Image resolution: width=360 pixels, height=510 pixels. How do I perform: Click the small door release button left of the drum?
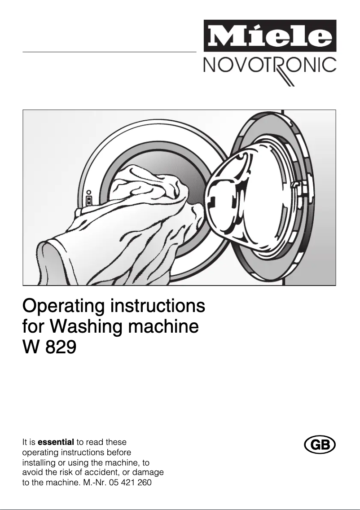(x=89, y=200)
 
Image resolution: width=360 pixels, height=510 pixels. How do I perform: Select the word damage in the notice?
(x=148, y=473)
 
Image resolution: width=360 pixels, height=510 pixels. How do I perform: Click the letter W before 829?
(x=31, y=347)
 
